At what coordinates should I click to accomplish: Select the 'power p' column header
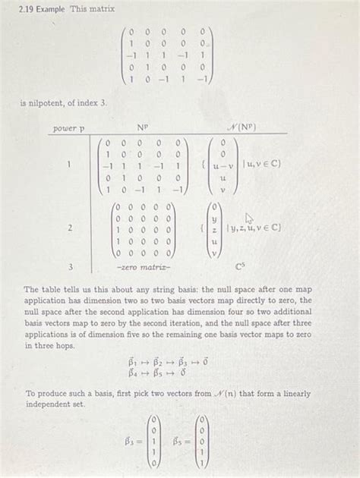tap(68, 128)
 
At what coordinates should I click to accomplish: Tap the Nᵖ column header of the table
tap(143, 128)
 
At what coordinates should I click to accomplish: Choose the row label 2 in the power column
tap(71, 228)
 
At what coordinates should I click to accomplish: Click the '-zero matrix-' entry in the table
tap(143, 267)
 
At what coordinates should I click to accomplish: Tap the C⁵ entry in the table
tap(242, 267)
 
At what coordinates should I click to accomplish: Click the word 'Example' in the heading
tap(47, 8)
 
